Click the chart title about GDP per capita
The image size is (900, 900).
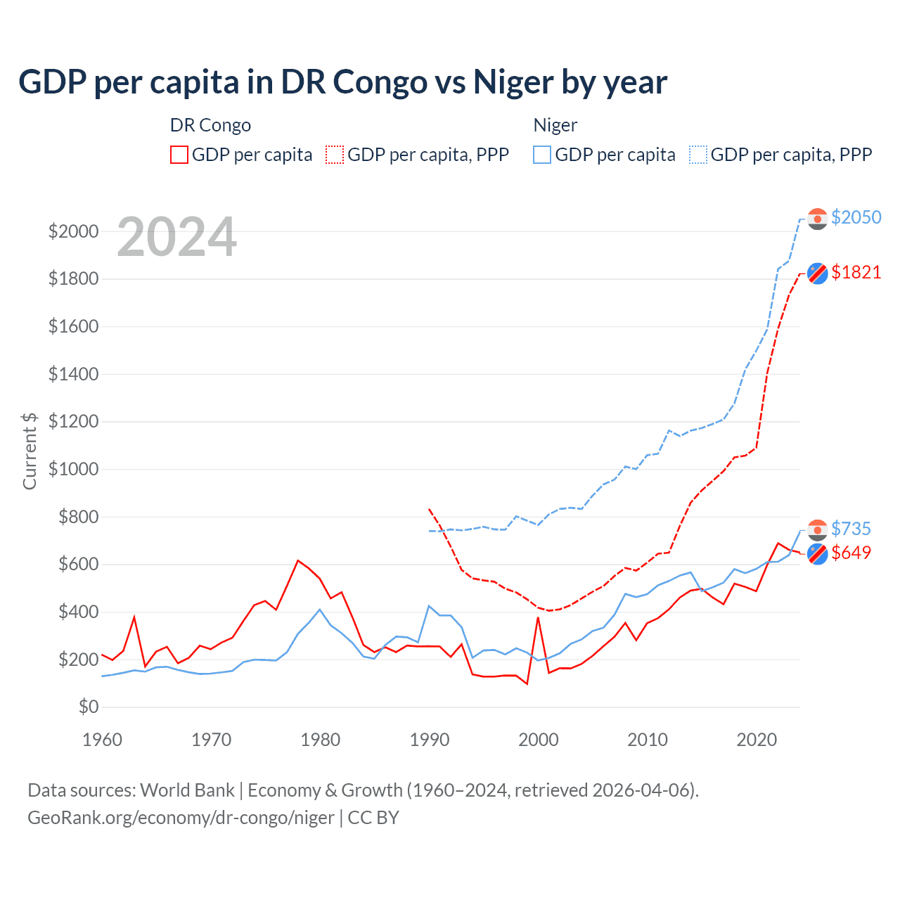342,82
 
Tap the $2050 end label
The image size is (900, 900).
856,217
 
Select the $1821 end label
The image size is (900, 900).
856,272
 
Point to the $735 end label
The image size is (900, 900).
851,529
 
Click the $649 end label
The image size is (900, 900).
851,553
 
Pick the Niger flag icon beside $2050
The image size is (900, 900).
817,219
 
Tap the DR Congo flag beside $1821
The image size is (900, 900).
817,273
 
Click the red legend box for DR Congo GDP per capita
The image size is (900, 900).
179,155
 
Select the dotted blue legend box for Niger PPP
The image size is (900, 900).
698,155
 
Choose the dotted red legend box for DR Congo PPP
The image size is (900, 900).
335,155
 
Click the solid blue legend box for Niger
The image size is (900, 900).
542,155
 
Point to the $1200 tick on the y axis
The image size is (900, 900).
73,422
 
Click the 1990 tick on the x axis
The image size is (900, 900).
430,740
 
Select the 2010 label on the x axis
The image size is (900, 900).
648,740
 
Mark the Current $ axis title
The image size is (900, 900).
30,451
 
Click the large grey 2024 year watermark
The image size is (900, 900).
176,237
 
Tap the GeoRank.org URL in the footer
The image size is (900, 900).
181,818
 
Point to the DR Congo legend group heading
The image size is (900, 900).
210,125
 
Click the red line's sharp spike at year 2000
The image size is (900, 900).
538,618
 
